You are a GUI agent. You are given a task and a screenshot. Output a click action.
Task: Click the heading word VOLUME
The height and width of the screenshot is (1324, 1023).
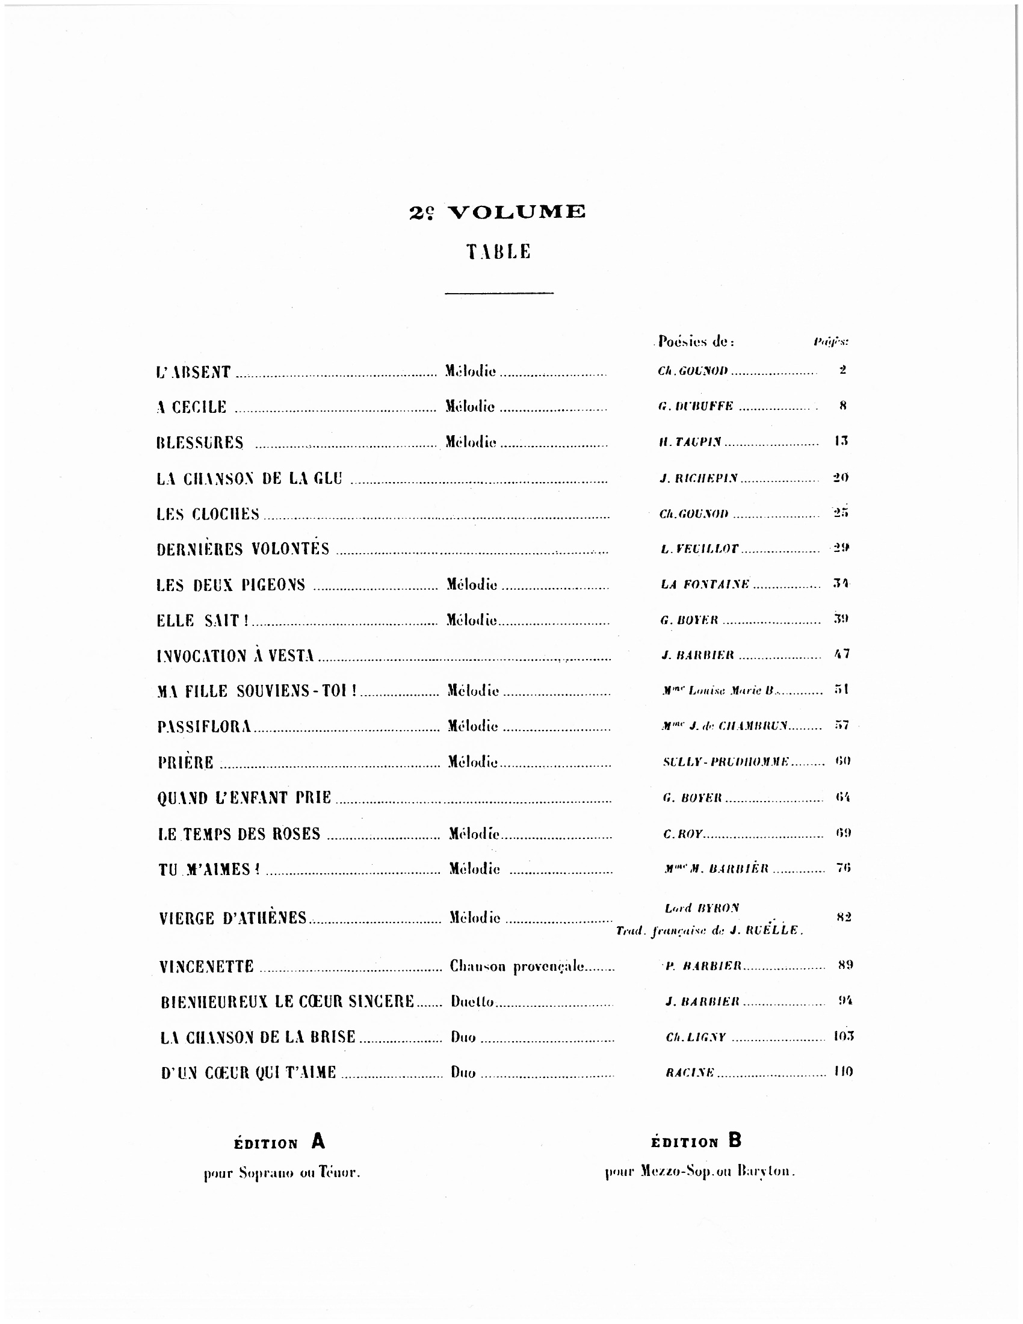516,212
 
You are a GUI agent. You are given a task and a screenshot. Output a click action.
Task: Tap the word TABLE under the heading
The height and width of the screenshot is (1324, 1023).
498,252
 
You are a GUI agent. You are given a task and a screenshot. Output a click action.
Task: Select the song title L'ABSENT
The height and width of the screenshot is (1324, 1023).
193,372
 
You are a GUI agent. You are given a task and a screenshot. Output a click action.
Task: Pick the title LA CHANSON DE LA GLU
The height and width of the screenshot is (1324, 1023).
249,478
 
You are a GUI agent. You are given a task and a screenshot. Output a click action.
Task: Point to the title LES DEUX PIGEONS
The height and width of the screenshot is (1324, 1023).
231,585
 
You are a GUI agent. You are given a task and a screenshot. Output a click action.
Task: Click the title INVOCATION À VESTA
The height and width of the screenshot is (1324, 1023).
236,656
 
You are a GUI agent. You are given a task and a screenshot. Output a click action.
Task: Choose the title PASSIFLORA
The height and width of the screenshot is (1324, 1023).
204,726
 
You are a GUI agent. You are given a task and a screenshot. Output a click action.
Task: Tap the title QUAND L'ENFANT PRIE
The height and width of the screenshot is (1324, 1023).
244,798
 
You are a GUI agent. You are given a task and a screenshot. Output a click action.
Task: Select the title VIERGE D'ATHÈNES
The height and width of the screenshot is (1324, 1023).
233,918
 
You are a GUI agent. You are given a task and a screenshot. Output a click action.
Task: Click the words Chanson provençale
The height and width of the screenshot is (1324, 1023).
517,967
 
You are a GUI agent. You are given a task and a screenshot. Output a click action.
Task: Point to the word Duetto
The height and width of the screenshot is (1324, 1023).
472,1001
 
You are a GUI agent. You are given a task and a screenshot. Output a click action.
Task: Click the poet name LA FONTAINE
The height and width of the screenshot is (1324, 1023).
705,585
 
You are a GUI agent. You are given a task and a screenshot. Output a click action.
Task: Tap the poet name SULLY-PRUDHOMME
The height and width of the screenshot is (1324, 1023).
726,761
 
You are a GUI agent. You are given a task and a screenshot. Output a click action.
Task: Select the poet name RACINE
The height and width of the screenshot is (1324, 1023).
690,1072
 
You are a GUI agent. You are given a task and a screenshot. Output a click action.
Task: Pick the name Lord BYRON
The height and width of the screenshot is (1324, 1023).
702,908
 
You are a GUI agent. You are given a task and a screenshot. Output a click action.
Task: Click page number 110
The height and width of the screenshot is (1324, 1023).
843,1072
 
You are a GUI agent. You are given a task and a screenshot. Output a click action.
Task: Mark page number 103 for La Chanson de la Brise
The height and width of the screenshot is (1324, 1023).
843,1036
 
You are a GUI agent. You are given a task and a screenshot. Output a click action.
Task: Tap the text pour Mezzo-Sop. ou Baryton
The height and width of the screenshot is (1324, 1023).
700,1171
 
